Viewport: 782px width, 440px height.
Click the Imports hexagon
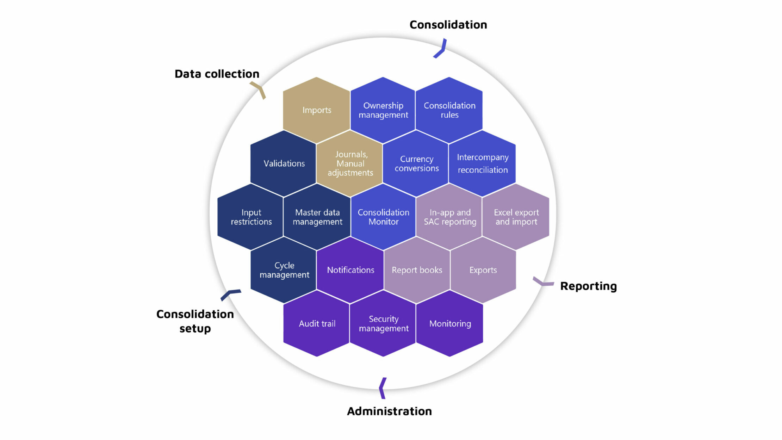click(317, 110)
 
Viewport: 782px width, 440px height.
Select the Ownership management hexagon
click(383, 110)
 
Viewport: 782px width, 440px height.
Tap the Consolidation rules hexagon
click(449, 110)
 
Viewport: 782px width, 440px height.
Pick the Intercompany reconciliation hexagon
click(483, 163)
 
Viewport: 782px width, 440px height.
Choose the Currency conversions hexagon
click(416, 163)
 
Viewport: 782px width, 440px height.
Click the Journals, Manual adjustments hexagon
click(350, 163)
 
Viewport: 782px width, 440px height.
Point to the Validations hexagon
click(284, 163)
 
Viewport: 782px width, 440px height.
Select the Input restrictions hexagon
click(251, 217)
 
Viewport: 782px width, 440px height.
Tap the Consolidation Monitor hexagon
click(383, 217)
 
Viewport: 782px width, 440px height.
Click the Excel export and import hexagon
click(516, 217)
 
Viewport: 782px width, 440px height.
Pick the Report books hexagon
click(417, 270)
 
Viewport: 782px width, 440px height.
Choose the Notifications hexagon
click(350, 270)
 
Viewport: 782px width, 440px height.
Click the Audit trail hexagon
click(317, 324)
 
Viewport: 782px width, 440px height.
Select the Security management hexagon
click(383, 324)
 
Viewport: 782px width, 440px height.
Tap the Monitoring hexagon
click(450, 324)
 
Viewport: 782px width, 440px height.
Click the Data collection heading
click(217, 74)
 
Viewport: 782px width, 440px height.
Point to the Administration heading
click(389, 411)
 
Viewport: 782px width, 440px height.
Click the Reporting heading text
click(588, 286)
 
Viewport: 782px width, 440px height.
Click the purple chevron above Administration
click(382, 388)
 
